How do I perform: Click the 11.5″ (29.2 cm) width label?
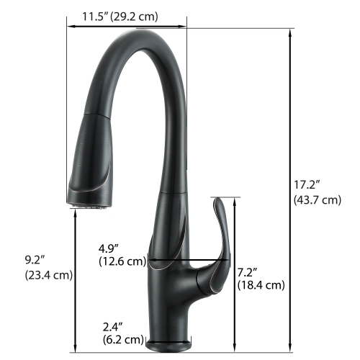120,15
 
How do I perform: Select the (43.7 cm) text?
318,200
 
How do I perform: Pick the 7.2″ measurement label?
248,271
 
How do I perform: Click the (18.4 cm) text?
261,285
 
